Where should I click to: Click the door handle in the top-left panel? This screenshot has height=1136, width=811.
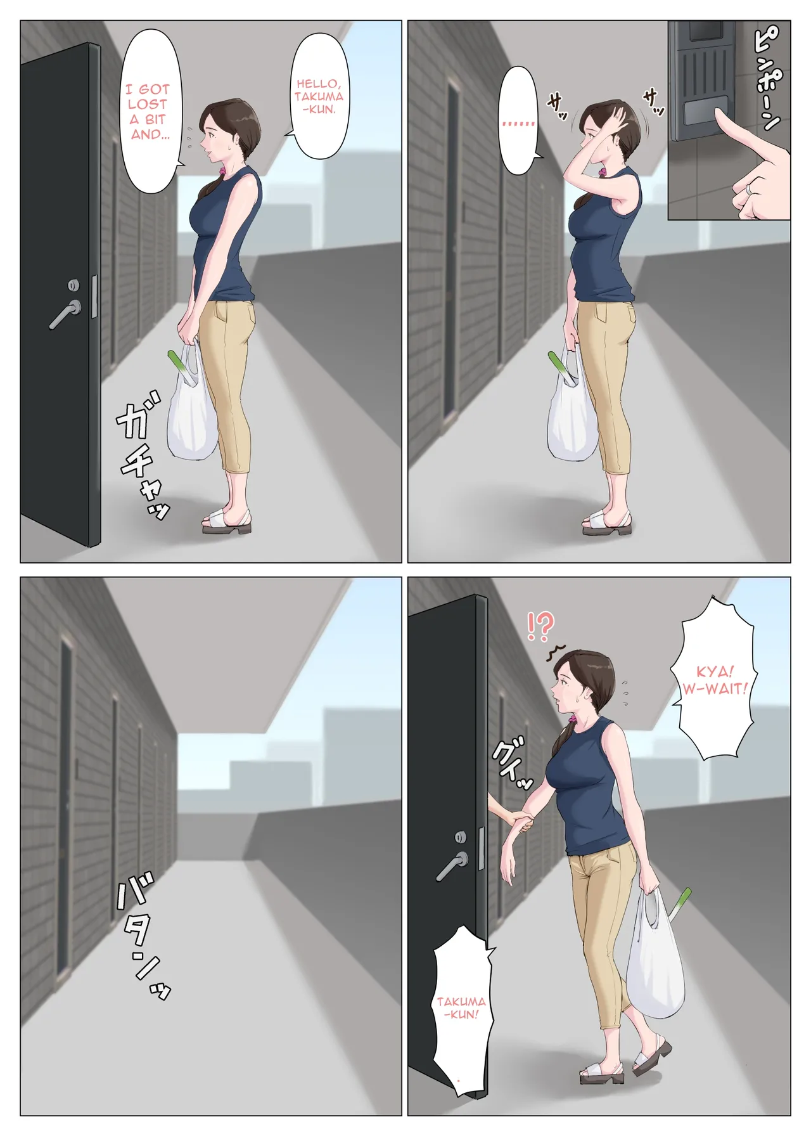pos(66,313)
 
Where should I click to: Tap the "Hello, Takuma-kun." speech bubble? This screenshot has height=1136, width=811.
pos(319,96)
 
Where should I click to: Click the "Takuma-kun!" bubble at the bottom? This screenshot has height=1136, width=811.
pos(461,1008)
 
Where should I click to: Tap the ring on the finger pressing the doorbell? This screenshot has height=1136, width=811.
pos(750,189)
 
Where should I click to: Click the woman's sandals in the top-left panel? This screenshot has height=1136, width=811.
pos(226,521)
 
